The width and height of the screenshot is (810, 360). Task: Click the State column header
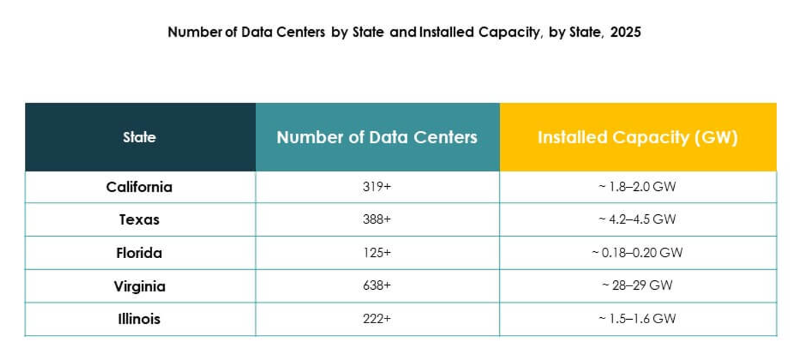click(139, 138)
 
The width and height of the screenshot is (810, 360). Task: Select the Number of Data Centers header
click(377, 138)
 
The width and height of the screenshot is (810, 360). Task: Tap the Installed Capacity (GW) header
click(637, 138)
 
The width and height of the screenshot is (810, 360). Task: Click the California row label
click(139, 187)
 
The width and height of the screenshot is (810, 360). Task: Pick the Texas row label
click(139, 220)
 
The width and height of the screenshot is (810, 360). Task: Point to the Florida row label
click(139, 253)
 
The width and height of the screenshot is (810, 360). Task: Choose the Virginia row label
click(139, 286)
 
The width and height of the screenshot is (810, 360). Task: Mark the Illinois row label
click(139, 320)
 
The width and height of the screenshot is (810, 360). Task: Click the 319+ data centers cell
click(377, 187)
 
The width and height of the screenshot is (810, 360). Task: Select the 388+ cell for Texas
click(377, 220)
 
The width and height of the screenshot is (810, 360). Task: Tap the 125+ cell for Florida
click(377, 253)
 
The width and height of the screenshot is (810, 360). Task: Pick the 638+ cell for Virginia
click(377, 286)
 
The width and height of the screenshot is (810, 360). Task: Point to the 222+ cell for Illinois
click(377, 320)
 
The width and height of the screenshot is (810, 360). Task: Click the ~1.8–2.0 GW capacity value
click(637, 187)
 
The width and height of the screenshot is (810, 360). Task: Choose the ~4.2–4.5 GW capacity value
click(637, 220)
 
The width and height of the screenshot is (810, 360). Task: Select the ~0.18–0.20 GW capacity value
click(637, 253)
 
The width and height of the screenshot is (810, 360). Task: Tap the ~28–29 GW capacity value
click(637, 286)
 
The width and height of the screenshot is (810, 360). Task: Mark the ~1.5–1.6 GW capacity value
click(637, 320)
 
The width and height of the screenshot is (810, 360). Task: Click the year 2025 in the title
click(625, 32)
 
